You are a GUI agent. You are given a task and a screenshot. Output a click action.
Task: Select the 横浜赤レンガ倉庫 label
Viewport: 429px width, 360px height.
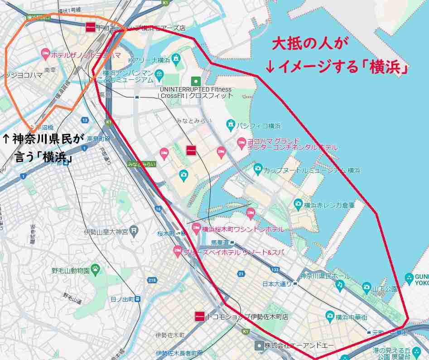pyautogui.click(x=329, y=205)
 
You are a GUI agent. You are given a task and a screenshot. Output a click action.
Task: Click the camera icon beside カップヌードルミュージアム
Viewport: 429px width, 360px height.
pyautogui.click(x=258, y=170)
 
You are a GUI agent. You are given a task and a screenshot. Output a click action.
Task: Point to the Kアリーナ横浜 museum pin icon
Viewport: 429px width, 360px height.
pyautogui.click(x=176, y=59)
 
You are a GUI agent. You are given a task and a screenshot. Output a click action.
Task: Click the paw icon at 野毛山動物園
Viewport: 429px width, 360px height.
pyautogui.click(x=96, y=271)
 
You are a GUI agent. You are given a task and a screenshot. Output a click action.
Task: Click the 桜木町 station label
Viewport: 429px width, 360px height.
pyautogui.click(x=166, y=233)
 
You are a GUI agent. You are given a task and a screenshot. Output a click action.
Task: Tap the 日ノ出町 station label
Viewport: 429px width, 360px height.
pyautogui.click(x=121, y=299)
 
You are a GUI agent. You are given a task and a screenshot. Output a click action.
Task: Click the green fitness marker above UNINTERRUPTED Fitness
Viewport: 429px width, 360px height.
pyautogui.click(x=196, y=81)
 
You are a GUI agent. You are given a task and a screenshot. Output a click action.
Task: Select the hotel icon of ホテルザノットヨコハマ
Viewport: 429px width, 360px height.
pyautogui.click(x=45, y=54)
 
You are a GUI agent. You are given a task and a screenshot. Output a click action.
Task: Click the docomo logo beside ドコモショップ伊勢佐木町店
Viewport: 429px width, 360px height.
pyautogui.click(x=199, y=316)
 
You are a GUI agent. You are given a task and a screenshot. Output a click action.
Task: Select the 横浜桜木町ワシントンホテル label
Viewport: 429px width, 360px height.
pyautogui.click(x=242, y=229)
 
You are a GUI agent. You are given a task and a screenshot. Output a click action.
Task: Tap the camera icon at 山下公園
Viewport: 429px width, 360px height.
pyautogui.click(x=366, y=287)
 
